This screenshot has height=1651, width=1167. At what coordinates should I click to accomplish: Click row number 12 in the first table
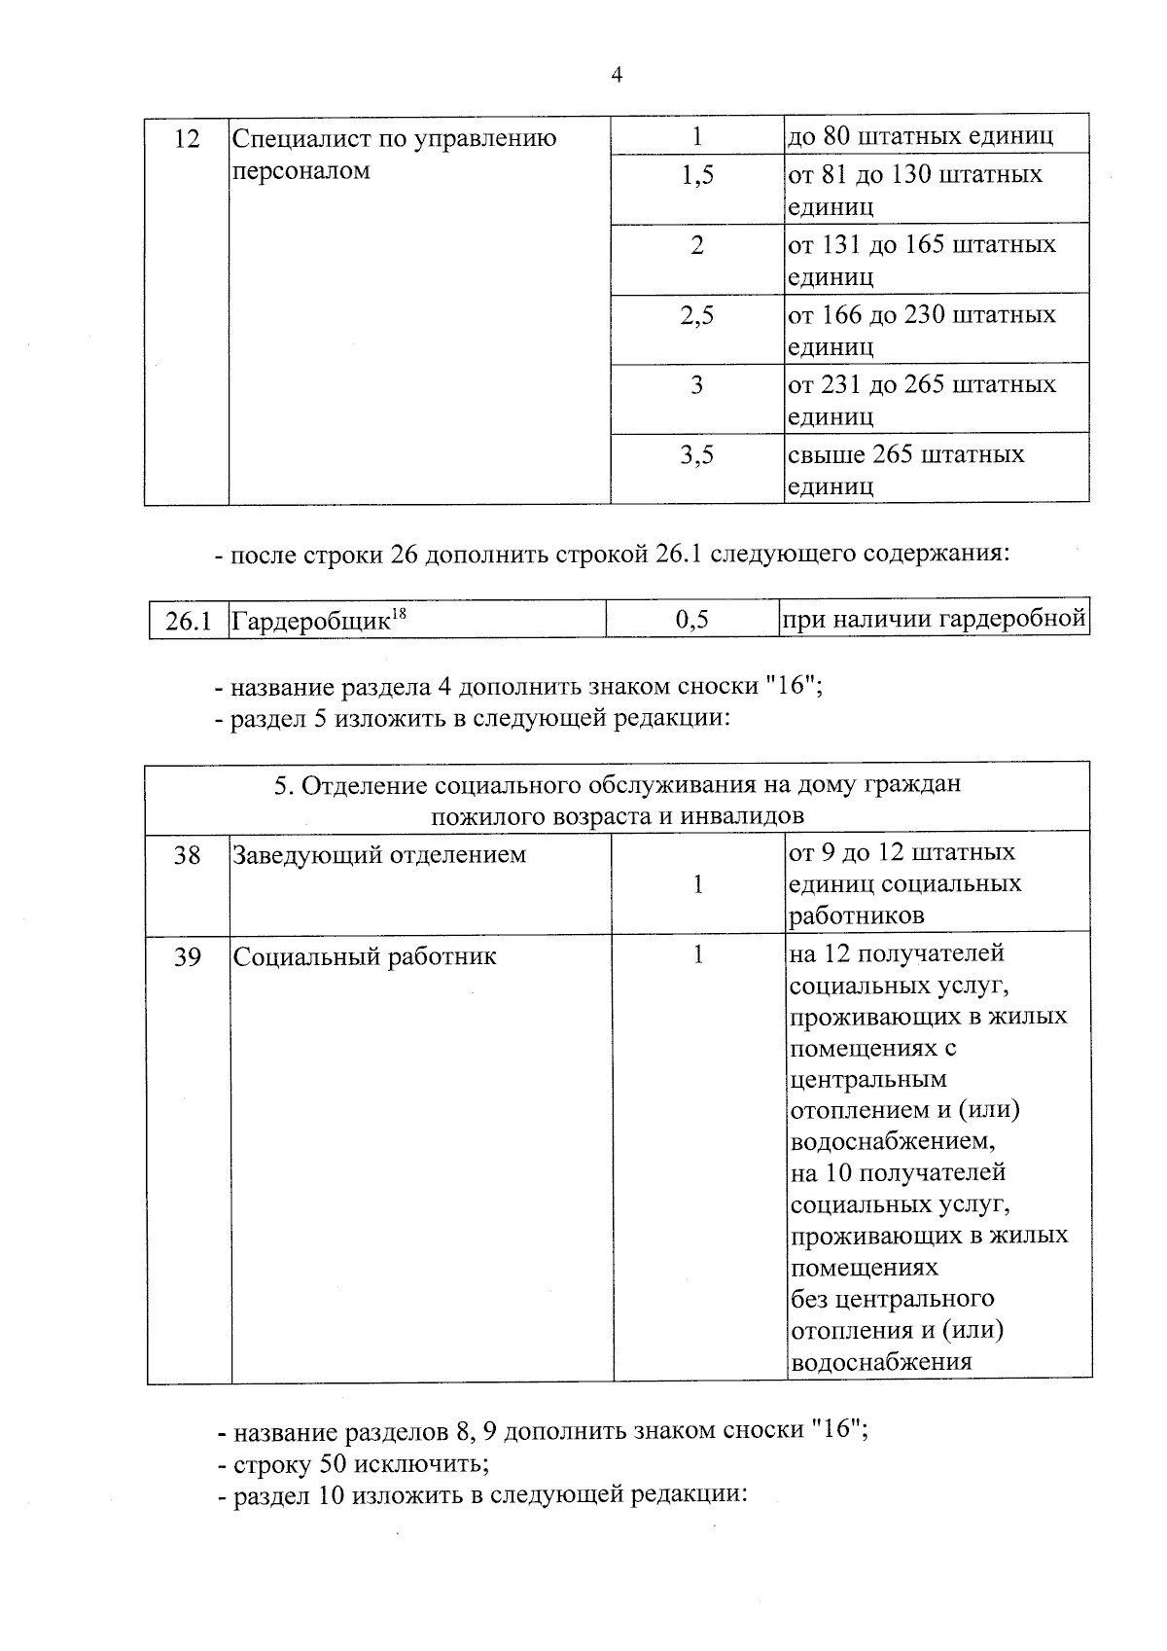tap(186, 139)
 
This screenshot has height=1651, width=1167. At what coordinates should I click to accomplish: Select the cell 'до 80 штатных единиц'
tap(920, 135)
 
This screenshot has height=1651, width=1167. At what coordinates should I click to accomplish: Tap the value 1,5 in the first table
tap(696, 175)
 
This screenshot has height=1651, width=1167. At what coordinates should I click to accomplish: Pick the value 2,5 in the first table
tap(696, 315)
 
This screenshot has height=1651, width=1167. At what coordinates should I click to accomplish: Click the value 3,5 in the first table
tap(696, 455)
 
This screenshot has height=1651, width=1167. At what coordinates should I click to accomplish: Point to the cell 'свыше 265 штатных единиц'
tap(905, 470)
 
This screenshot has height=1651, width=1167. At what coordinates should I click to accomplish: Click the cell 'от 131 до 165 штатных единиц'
tap(921, 260)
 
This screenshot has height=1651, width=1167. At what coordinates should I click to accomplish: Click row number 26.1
tap(188, 621)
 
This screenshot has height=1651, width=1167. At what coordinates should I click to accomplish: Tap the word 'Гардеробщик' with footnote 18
tap(310, 621)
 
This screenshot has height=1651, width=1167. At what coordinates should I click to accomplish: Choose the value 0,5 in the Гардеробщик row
tap(691, 620)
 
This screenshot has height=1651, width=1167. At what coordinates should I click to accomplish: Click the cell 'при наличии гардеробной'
tap(934, 619)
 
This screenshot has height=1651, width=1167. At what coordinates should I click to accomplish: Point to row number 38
tap(187, 855)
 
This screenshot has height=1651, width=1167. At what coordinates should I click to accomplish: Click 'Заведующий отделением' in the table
tap(379, 855)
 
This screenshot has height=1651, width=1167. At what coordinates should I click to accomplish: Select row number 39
tap(187, 957)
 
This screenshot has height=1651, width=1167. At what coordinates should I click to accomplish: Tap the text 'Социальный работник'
tap(365, 956)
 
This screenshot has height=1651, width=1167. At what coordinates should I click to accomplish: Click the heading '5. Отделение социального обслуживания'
tap(617, 784)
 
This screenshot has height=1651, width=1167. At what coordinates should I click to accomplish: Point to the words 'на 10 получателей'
tap(898, 1173)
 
